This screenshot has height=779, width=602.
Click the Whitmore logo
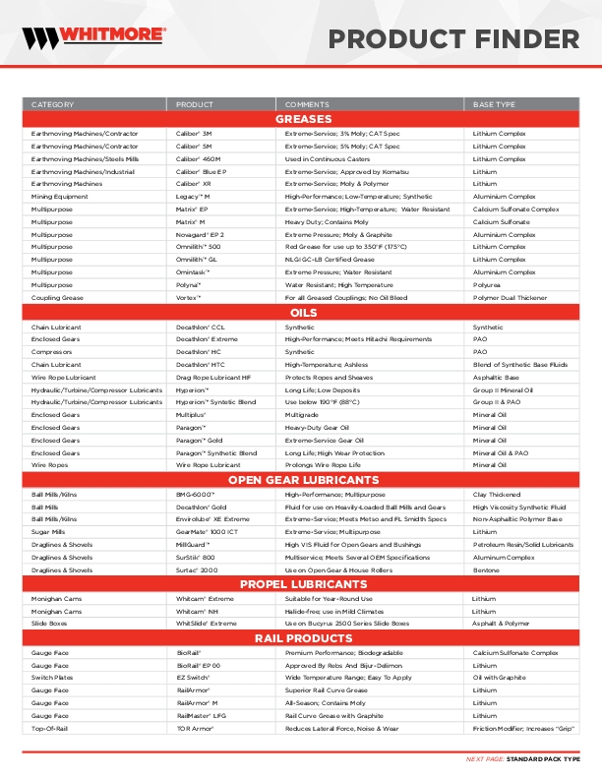[94, 38]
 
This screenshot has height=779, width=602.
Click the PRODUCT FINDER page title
[453, 39]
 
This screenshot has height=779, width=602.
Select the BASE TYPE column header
[494, 104]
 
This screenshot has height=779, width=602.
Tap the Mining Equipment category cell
[59, 196]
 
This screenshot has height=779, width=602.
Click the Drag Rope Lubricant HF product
[213, 377]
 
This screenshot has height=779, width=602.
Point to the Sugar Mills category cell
[48, 531]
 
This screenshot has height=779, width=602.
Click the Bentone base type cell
[487, 569]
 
